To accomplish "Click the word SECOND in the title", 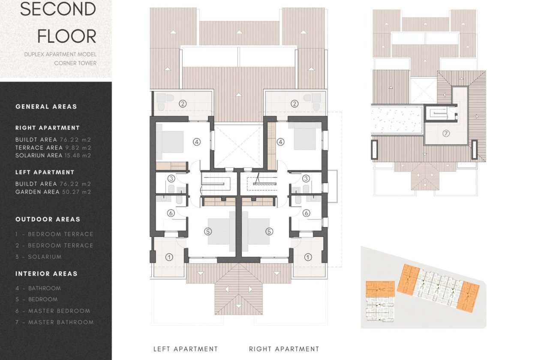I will point(58,9).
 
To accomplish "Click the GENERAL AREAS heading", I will point(46,107).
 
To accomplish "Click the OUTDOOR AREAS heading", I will point(48,219).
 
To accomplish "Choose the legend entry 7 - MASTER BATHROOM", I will point(54,322).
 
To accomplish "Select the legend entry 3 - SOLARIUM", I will point(39,257).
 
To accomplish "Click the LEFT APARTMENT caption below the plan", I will point(186,349).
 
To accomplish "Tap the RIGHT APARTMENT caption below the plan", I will point(284,349).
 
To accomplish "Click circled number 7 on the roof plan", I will point(446,134).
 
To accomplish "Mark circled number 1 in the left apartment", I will point(169,257).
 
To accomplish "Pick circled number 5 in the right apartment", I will point(269,231).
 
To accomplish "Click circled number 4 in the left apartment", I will point(197,141).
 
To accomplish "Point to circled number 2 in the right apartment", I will point(294,103).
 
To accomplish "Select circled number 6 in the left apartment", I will point(170,213).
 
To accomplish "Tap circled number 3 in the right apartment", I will point(306,179).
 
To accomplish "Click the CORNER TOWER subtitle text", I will point(75,63).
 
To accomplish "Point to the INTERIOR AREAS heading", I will point(46,274).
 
